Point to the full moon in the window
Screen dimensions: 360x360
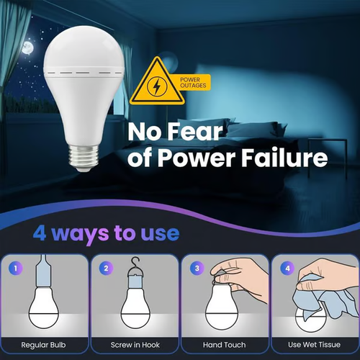tap(27, 48)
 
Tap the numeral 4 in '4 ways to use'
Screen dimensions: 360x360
tap(42, 233)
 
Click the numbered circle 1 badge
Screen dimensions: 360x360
tap(16, 269)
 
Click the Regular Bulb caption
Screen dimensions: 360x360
tap(47, 345)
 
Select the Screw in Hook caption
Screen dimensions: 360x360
tap(135, 345)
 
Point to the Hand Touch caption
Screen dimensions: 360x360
tap(225, 345)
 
